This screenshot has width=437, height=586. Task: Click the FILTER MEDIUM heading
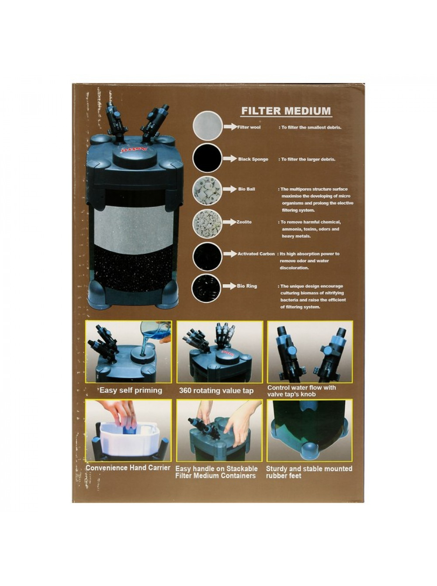pos(286,111)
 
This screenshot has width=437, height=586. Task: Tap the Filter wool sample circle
pos(207,126)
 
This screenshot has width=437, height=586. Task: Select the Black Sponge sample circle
pos(207,158)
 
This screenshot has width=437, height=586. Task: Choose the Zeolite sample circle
pos(207,223)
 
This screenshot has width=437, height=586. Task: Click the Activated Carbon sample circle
pos(207,256)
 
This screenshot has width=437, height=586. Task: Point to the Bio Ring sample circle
pos(206,288)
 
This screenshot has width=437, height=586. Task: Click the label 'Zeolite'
pos(244,222)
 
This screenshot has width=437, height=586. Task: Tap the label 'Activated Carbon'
pos(256,254)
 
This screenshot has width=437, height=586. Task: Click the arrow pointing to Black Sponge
pos(229,159)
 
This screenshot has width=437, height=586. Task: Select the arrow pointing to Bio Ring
pos(229,286)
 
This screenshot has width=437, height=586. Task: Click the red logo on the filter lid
pos(134,150)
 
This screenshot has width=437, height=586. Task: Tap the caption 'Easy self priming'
pos(131,391)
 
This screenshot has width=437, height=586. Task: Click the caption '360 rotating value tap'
pos(216,391)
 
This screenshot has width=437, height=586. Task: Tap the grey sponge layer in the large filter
pos(134,229)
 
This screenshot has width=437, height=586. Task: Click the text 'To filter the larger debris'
pos(308,159)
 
